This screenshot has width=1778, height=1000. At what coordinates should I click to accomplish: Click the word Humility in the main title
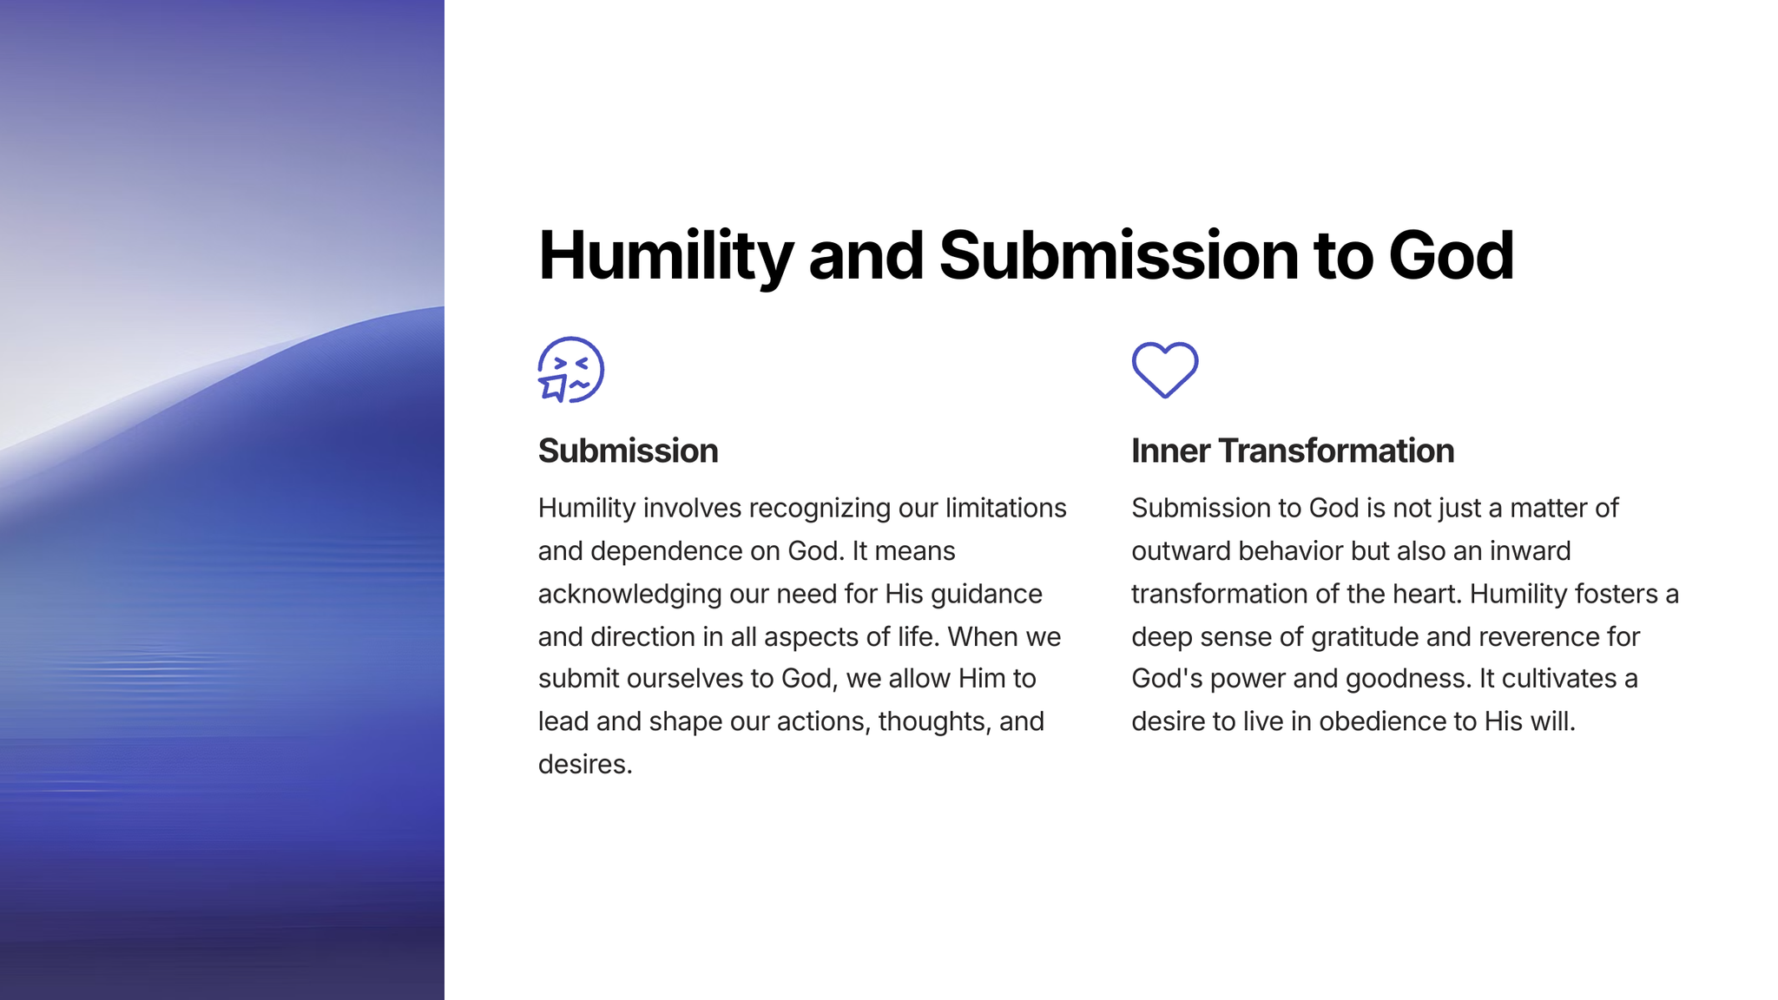click(x=666, y=256)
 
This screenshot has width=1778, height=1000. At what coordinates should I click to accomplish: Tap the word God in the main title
click(x=1451, y=255)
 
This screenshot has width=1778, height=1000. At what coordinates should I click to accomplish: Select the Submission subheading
click(x=629, y=451)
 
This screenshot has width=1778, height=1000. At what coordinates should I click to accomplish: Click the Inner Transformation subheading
click(x=1293, y=451)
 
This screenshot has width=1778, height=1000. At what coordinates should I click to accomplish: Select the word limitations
click(x=1006, y=508)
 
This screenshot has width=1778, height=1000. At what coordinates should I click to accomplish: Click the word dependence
click(x=661, y=551)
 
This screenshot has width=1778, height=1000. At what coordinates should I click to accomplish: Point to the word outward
click(x=1181, y=551)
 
